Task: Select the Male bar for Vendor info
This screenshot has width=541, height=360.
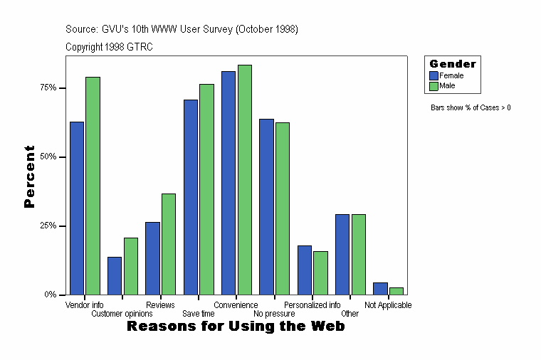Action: [93, 186]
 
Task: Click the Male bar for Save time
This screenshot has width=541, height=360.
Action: [206, 189]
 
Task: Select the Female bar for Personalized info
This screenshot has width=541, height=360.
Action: [304, 270]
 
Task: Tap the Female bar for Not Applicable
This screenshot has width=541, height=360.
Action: [380, 288]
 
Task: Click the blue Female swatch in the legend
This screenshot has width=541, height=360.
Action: [434, 75]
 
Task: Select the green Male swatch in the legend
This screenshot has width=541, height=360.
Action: [434, 86]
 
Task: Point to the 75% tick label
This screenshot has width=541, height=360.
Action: [48, 88]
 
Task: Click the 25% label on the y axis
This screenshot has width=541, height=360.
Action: [48, 226]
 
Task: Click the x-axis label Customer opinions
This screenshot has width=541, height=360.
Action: [122, 314]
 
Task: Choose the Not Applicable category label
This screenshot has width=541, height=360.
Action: [388, 305]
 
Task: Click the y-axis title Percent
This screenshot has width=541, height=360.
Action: [29, 176]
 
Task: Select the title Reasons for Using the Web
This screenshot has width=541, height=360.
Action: [236, 327]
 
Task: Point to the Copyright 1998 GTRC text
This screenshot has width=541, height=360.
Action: [109, 47]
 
